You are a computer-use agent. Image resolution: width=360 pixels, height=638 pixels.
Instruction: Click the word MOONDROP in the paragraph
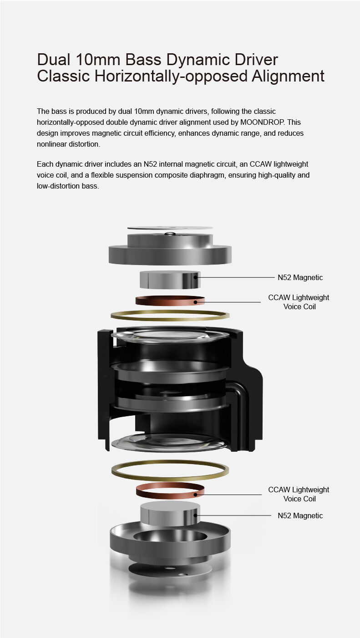[262, 122]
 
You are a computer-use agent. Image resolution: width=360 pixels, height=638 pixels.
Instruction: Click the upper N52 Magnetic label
[300, 277]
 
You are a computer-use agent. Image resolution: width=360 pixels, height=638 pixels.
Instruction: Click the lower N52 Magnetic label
[300, 516]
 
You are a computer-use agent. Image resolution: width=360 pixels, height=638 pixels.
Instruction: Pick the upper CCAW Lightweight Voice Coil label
[299, 302]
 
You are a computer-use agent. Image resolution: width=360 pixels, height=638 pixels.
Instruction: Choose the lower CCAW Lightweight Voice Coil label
[299, 494]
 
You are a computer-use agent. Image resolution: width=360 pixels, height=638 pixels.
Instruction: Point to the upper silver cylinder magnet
[170, 280]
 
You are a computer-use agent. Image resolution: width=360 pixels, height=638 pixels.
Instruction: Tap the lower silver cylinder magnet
[170, 515]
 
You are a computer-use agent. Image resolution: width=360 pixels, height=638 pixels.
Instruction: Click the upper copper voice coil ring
[170, 304]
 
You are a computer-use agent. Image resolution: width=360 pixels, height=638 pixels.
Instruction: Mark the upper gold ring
[170, 319]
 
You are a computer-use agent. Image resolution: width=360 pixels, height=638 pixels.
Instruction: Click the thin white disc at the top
[170, 228]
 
